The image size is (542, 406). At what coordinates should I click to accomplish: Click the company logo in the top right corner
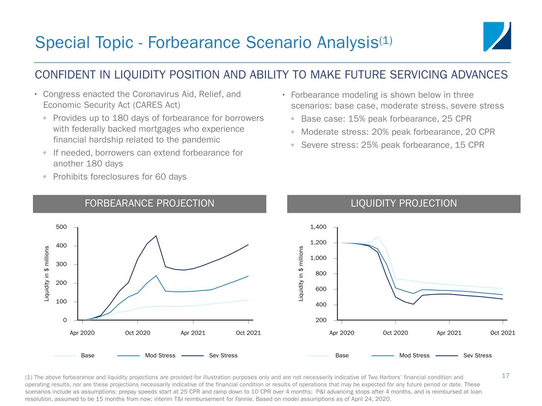[497, 36]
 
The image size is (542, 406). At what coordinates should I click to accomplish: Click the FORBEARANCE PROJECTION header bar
[149, 203]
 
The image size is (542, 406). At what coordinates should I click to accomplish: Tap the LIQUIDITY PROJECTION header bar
[403, 203]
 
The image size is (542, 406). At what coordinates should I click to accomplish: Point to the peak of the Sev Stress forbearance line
[156, 236]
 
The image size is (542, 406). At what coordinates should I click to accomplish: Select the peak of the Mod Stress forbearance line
[156, 276]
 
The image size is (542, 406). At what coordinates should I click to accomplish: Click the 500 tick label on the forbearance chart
[61, 227]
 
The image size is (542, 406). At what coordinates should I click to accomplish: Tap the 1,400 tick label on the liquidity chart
[318, 227]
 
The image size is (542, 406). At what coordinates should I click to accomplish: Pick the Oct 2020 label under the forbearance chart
[137, 333]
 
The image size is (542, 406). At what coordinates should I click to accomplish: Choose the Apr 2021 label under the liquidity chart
[449, 333]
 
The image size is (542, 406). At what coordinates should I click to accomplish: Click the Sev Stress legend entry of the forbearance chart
[223, 355]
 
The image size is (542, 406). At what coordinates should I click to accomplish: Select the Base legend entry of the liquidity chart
[341, 355]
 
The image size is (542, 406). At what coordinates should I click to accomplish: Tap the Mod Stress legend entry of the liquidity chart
[414, 355]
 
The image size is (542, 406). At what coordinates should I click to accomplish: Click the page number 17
[505, 375]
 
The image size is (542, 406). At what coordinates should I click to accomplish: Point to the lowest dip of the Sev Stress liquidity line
[413, 304]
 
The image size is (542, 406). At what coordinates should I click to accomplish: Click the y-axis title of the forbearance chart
[46, 273]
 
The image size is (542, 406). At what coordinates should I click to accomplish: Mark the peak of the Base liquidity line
[377, 237]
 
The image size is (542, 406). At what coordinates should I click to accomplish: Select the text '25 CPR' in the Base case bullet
[457, 119]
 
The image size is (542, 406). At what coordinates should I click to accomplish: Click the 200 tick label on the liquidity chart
[321, 320]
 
